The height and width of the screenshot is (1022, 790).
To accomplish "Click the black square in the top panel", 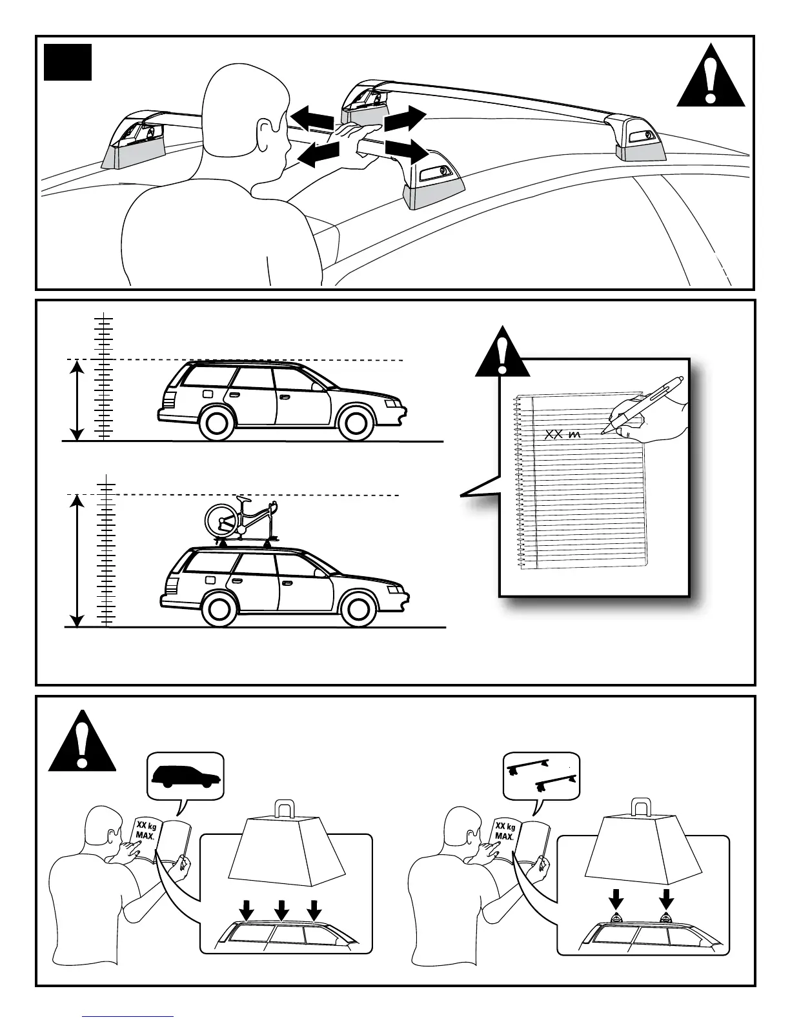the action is (x=67, y=62).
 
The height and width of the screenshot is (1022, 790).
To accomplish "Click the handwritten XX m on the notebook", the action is (x=562, y=435).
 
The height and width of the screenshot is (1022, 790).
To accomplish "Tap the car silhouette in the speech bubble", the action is (x=186, y=776).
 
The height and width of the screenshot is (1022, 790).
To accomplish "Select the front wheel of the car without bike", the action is (x=356, y=423).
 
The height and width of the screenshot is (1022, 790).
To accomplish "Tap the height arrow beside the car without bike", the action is (x=77, y=401).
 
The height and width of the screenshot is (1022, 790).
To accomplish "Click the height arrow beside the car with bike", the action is (x=77, y=560).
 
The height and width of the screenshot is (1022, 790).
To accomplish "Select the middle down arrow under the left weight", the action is (x=281, y=910).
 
